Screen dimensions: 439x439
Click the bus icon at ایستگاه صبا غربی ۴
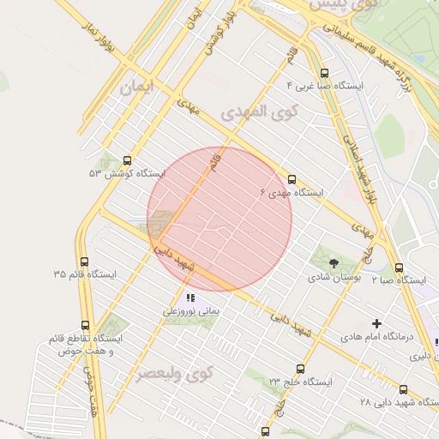tap(323, 74)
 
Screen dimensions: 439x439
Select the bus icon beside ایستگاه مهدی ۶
tap(292, 180)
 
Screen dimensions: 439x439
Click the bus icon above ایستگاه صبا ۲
tap(400, 268)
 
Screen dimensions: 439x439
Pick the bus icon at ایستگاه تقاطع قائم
tap(84, 326)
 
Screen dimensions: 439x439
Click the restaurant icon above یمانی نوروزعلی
tap(189, 298)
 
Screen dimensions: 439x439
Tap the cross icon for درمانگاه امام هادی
tap(376, 323)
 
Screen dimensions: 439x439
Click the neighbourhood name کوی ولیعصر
tap(175, 375)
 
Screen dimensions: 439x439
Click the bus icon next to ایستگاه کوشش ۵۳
tap(128, 159)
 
